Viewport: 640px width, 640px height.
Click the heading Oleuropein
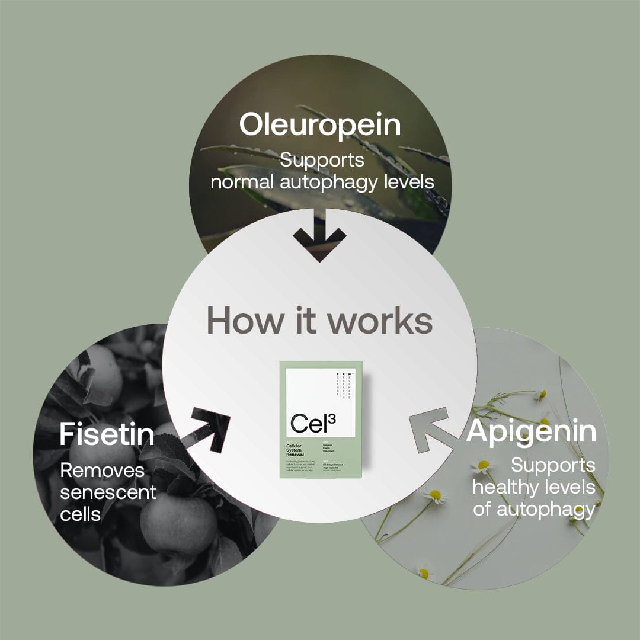click(x=320, y=126)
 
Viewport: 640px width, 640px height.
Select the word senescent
click(x=108, y=492)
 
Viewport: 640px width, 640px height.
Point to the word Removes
click(x=103, y=471)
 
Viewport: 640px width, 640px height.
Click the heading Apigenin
click(x=532, y=432)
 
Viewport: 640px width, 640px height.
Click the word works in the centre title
click(x=380, y=321)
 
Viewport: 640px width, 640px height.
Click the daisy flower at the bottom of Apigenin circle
click(x=423, y=572)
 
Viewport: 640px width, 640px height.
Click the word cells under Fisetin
click(x=81, y=514)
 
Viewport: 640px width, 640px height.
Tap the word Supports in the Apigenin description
click(x=553, y=466)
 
